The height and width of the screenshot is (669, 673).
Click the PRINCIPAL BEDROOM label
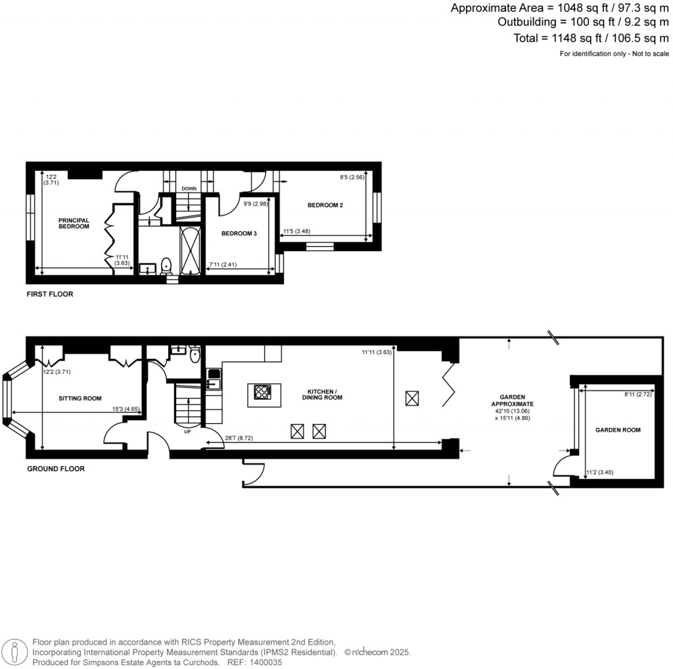pyautogui.click(x=74, y=223)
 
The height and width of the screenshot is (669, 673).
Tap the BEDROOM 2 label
pyautogui.click(x=325, y=206)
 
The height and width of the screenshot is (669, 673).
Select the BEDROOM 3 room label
pyautogui.click(x=239, y=234)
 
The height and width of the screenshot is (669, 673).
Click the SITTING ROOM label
pyautogui.click(x=80, y=398)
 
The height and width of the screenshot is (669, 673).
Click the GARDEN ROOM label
pyautogui.click(x=618, y=430)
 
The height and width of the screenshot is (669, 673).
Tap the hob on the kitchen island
pyautogui.click(x=262, y=392)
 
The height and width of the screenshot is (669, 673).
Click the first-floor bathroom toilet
pyautogui.click(x=166, y=265)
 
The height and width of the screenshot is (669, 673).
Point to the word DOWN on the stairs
pyautogui.click(x=189, y=189)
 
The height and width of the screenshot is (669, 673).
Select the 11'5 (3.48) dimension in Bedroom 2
pyautogui.click(x=296, y=231)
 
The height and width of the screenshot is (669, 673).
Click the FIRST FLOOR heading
pyautogui.click(x=50, y=294)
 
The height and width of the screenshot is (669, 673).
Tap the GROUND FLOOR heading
pyautogui.click(x=55, y=469)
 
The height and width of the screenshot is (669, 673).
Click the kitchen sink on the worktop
pyautogui.click(x=214, y=377)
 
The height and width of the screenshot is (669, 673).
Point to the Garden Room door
pyautogui.click(x=562, y=468)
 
